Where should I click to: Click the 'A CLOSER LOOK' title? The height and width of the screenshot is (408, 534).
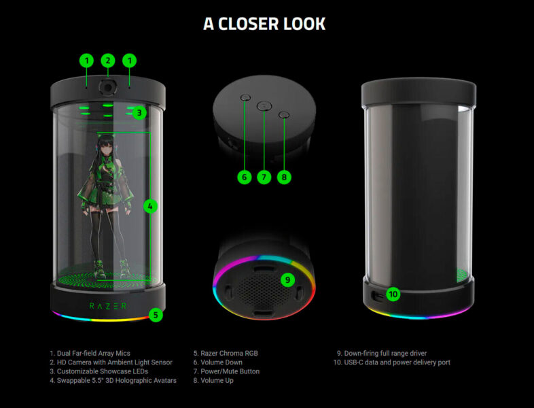[264, 24]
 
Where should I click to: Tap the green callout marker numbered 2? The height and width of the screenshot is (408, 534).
[107, 61]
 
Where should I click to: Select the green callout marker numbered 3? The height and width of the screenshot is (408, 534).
[139, 113]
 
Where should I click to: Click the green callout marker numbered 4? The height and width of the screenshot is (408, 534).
[151, 206]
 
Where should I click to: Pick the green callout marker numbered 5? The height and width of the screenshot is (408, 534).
[156, 315]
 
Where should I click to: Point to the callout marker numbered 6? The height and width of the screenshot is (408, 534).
[245, 177]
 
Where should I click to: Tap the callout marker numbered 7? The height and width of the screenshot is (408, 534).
[265, 177]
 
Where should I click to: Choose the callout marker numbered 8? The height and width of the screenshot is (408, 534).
[285, 177]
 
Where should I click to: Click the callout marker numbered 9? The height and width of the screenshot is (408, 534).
[287, 279]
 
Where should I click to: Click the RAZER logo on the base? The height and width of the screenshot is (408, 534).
[108, 306]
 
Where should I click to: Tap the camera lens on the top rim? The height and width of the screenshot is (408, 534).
[107, 86]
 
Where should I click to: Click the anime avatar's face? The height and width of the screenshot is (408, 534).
[106, 146]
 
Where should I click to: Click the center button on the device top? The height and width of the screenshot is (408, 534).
[265, 105]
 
